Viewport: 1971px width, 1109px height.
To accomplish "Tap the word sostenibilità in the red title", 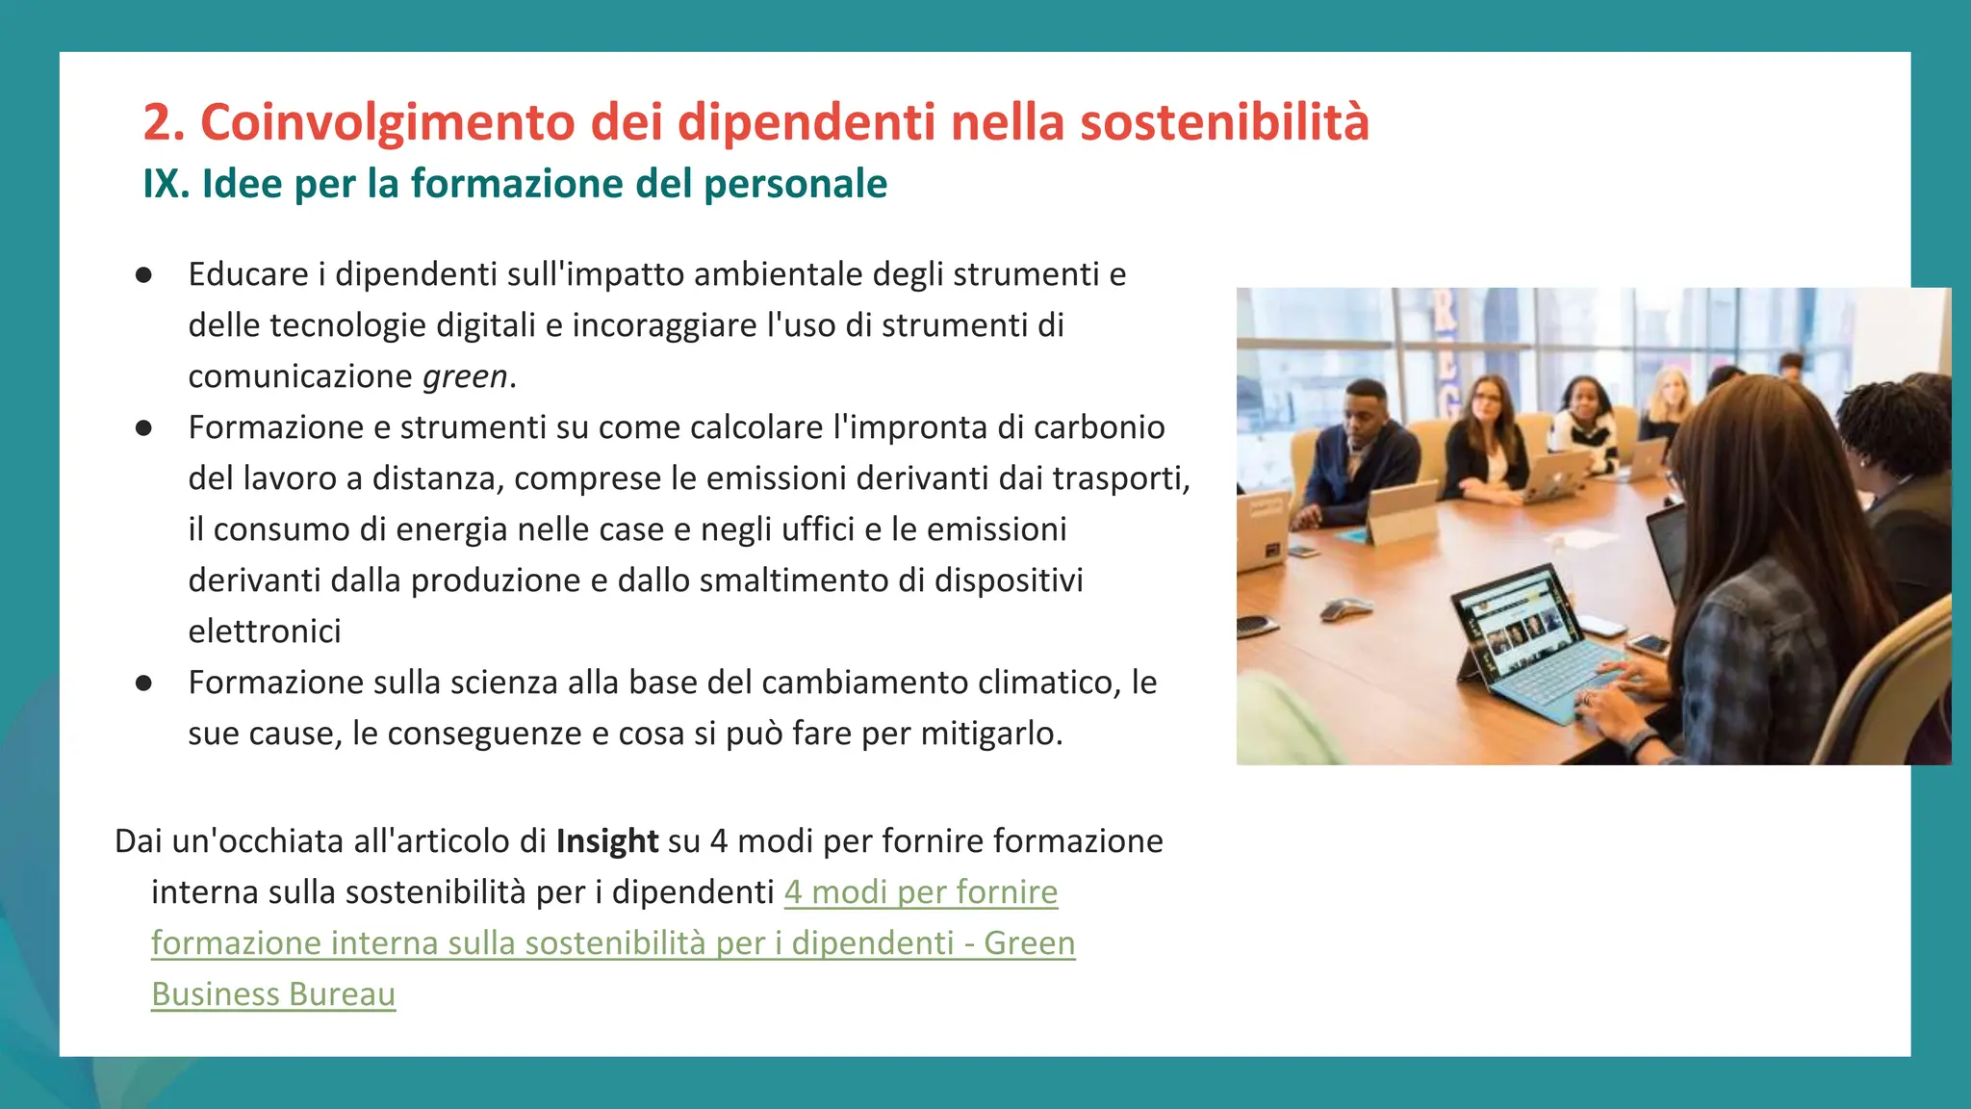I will pyautogui.click(x=1224, y=123).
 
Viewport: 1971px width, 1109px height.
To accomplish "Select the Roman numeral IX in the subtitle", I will pyautogui.click(x=166, y=184).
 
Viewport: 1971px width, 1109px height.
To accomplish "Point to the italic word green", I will pyautogui.click(x=465, y=376).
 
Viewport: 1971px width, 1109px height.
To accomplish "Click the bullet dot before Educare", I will pyautogui.click(x=144, y=275).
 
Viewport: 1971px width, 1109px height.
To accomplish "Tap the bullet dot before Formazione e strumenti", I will pyautogui.click(x=144, y=428).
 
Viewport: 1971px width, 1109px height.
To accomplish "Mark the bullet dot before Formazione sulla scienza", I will pyautogui.click(x=144, y=683).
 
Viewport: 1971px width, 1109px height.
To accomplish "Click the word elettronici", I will pyautogui.click(x=265, y=632).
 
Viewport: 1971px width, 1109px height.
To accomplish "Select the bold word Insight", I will pyautogui.click(x=607, y=841).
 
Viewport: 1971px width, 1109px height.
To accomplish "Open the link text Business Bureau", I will pyautogui.click(x=273, y=994).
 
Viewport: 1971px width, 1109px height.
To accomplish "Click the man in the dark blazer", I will pyautogui.click(x=1367, y=452).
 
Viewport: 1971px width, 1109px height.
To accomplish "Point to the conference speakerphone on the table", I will pyautogui.click(x=1345, y=608).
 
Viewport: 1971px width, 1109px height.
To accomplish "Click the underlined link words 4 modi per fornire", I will pyautogui.click(x=921, y=892).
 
